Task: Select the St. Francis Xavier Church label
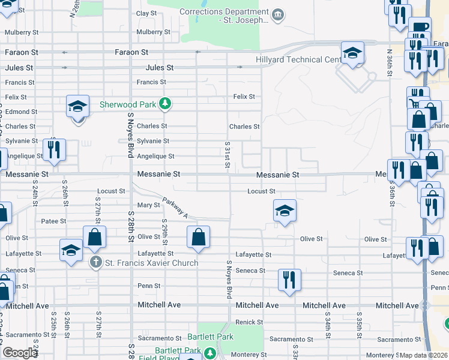point(152,263)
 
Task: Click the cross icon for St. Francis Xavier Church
point(95,263)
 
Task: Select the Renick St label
point(246,322)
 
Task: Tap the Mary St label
point(148,205)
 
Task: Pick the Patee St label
point(53,221)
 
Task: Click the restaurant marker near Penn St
point(290,280)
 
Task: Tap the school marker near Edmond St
point(78,107)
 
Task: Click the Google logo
point(20,353)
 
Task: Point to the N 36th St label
point(390,62)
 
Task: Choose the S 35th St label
point(358,324)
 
